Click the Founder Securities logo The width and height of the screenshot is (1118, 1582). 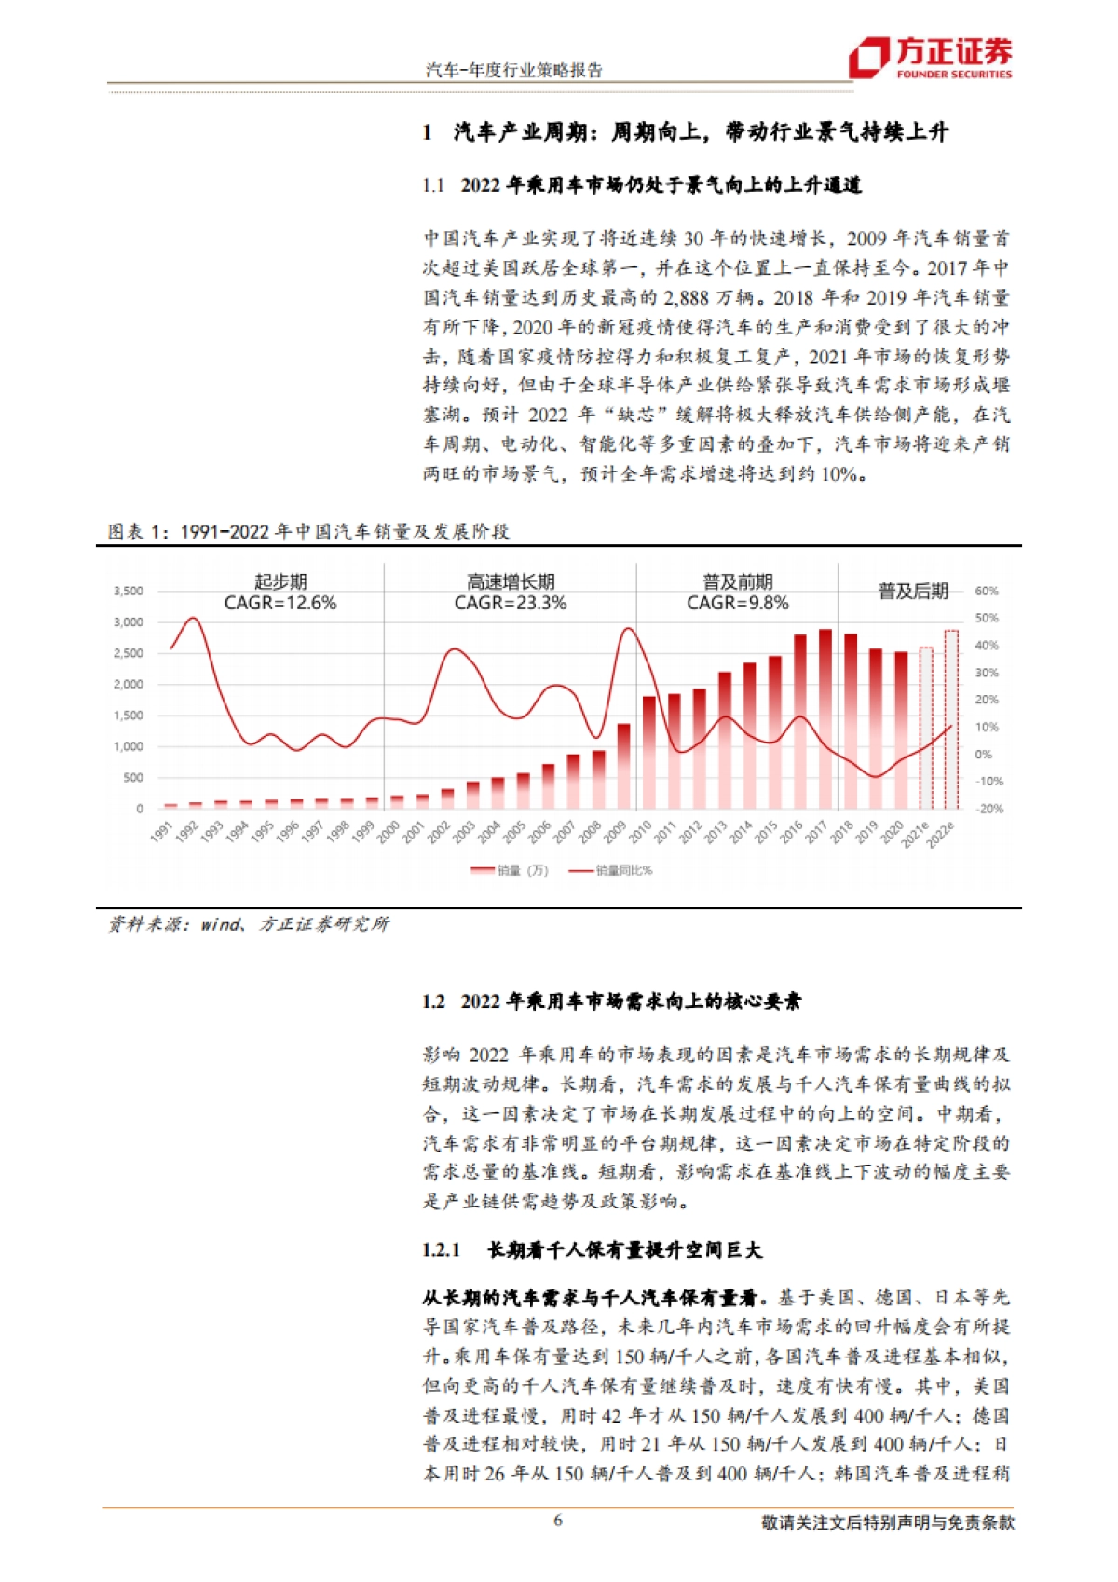(930, 58)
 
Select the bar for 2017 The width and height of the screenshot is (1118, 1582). (825, 719)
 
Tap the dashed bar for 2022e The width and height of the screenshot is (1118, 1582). (950, 719)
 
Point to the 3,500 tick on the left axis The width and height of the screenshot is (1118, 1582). (129, 591)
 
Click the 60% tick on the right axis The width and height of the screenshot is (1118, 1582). (987, 591)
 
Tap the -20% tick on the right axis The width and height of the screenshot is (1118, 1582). (989, 809)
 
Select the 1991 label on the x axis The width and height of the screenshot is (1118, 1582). (162, 831)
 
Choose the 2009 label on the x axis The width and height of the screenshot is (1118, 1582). (615, 831)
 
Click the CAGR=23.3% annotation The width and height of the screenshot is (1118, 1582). (511, 603)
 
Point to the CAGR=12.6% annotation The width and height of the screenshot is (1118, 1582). (280, 603)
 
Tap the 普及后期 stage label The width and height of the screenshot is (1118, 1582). (913, 592)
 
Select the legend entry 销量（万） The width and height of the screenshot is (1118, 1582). (522, 870)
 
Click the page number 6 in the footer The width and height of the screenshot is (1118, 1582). (558, 1521)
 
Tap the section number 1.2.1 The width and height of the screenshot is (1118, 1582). (441, 1250)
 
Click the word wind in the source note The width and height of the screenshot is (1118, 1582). (221, 924)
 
